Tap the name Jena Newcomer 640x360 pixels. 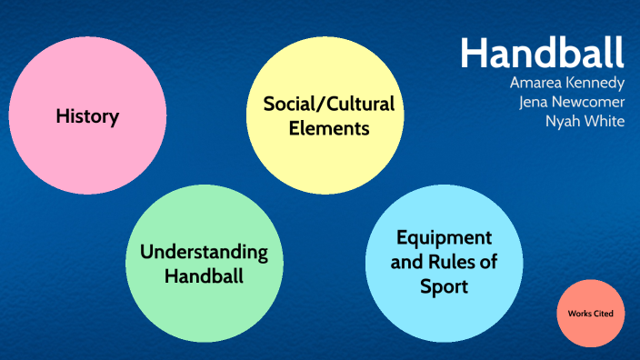pos(571,102)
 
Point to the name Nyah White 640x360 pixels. pos(585,121)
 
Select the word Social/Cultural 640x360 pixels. pos(329,104)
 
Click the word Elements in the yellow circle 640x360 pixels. pos(329,128)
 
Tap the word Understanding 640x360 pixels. pos(204,251)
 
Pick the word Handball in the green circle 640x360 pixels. pos(204,275)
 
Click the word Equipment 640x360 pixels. pos(444,238)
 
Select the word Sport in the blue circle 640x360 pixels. pos(444,287)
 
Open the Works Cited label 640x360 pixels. pos(591,314)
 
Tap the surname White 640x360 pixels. pos(603,121)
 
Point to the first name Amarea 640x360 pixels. pos(536,83)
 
